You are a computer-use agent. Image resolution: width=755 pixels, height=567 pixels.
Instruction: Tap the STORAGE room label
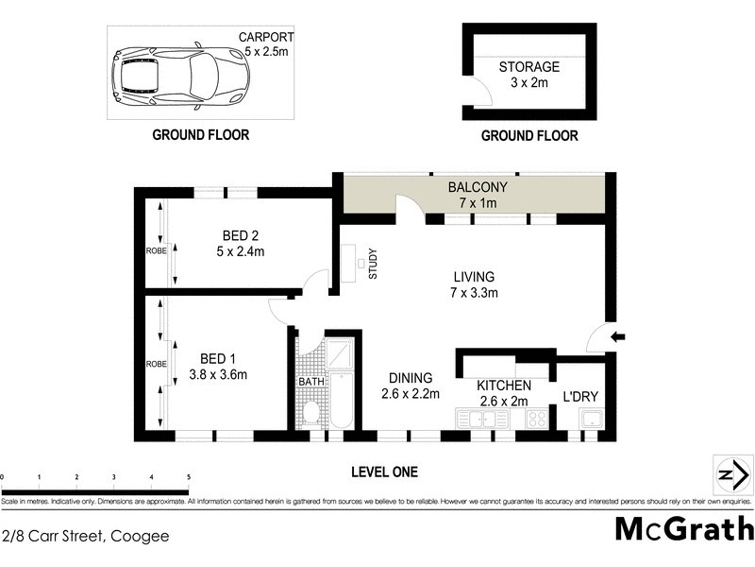coord(528,67)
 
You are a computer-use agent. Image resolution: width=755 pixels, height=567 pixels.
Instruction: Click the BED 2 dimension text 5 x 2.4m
coord(241,251)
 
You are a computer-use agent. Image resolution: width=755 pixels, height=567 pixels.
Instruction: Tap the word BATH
coord(310,382)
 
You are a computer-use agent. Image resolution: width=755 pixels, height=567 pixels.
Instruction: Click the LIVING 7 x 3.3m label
coord(474,284)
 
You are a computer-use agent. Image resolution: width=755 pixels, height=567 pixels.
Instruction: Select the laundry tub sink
coord(592,419)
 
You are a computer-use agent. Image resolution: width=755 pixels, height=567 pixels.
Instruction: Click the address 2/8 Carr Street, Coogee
coord(86,536)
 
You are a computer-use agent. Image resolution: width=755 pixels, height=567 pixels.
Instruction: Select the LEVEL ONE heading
coord(383,472)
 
